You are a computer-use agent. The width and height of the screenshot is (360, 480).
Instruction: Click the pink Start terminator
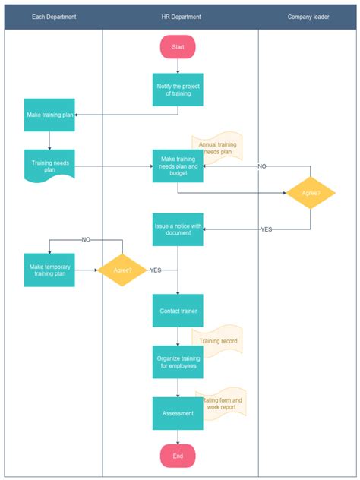point(178,47)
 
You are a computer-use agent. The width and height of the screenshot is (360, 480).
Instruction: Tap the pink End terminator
point(178,456)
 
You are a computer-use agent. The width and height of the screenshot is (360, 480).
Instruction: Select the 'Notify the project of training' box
point(178,90)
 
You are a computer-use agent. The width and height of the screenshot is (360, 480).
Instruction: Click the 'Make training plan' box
point(49,115)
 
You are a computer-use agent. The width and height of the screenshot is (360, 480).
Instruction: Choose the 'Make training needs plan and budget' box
point(178,167)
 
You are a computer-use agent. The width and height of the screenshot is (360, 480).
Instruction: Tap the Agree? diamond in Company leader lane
point(311,193)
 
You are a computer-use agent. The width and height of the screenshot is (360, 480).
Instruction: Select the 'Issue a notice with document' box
point(178,229)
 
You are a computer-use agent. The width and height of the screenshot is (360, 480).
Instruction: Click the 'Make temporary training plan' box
point(49,270)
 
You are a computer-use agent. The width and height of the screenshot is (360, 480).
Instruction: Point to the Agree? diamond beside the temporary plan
point(122,270)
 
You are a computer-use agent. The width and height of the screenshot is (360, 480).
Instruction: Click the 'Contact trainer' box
point(178,311)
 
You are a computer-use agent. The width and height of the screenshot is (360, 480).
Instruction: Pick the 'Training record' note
point(219,341)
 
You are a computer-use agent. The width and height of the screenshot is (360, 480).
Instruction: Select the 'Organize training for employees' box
point(178,362)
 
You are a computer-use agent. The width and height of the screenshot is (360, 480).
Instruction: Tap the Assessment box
point(178,413)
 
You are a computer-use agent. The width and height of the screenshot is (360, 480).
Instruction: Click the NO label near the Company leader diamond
point(262,166)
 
